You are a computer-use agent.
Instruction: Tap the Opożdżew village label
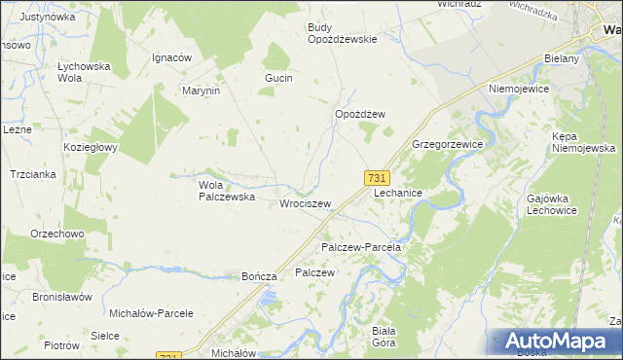point(360,114)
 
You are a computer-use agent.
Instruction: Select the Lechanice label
point(398,194)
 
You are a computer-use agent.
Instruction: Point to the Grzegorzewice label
point(448,143)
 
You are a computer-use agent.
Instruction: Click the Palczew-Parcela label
point(361,248)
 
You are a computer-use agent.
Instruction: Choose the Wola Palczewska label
point(226,190)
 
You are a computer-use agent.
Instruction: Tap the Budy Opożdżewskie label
point(342,34)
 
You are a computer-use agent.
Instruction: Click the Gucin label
point(279,77)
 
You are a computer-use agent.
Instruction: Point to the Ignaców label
point(171,57)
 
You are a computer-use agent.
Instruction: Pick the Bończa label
point(261,276)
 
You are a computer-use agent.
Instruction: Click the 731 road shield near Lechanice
point(378,178)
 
